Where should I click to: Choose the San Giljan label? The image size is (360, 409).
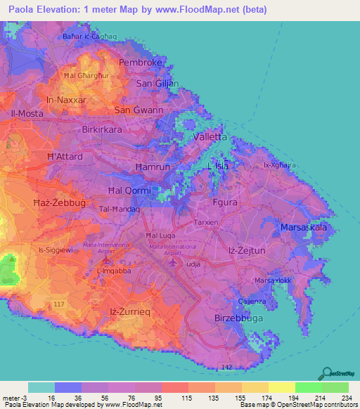157,84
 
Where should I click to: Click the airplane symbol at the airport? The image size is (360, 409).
175,262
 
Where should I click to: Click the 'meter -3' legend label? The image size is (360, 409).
13,398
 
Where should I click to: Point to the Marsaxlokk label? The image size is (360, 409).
272,280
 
